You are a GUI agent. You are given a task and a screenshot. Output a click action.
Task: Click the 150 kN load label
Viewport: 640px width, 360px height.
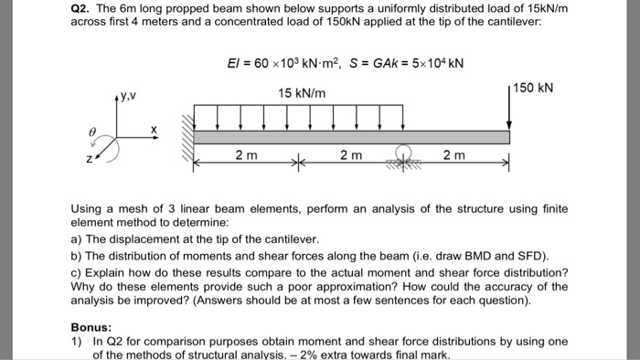point(533,88)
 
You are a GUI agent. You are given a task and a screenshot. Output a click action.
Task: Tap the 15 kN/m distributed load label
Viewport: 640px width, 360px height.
point(304,93)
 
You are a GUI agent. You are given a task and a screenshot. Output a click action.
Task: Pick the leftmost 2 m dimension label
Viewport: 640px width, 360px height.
point(245,155)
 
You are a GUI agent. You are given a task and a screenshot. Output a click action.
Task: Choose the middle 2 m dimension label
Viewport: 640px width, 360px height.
point(350,155)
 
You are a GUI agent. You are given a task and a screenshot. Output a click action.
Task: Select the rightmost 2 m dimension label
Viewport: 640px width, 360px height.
point(453,155)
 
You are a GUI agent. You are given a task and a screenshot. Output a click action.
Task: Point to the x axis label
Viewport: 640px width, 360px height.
point(154,131)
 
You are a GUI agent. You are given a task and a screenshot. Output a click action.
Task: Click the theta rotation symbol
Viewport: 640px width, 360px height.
point(91,132)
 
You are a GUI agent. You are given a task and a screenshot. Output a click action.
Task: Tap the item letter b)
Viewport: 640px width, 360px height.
point(76,254)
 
